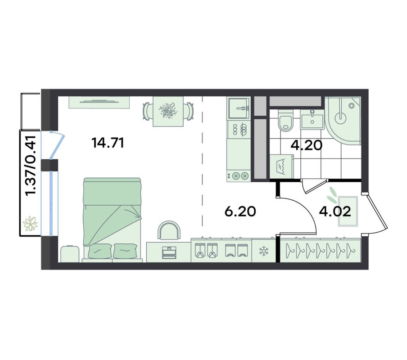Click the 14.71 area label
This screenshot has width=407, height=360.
point(108,143)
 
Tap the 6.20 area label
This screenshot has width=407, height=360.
point(240,211)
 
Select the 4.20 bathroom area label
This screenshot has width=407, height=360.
point(306,145)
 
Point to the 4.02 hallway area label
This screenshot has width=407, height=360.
point(335,211)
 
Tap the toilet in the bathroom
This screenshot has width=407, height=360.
point(285,120)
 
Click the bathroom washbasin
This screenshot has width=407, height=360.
point(312,120)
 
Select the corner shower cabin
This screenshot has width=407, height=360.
point(343,121)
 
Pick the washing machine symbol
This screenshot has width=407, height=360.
point(281,166)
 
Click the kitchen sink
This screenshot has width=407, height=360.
point(239,108)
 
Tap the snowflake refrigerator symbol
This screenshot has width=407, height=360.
point(264,251)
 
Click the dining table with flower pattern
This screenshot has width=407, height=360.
point(168,112)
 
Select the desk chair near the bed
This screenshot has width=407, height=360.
point(169,230)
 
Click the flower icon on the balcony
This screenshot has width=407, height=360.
point(30,223)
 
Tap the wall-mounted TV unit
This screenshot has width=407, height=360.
point(99,102)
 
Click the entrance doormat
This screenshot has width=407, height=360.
point(348,211)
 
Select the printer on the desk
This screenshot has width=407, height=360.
point(169,252)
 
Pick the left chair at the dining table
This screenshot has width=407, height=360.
point(147,111)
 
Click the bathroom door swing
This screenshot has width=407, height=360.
point(314,186)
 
